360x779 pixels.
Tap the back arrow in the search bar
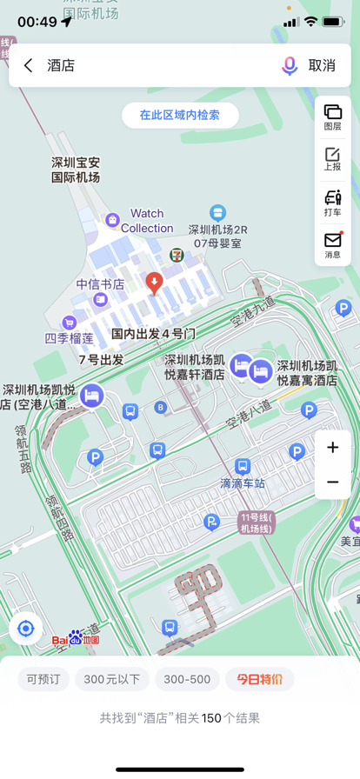[x=29, y=65]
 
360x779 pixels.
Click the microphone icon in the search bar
[x=290, y=65]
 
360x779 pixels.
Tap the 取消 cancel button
[x=322, y=65]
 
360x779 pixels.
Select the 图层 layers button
[x=332, y=117]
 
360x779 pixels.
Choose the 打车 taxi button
[x=332, y=202]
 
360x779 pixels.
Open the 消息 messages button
[x=332, y=244]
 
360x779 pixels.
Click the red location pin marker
[x=154, y=282]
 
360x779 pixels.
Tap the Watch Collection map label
[x=147, y=220]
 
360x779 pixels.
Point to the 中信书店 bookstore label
[x=100, y=284]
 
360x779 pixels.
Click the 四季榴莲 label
[x=70, y=338]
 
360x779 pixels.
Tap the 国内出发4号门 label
[x=153, y=333]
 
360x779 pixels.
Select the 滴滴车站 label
[x=242, y=483]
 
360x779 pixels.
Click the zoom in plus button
[x=332, y=448]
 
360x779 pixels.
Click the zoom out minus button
[x=332, y=482]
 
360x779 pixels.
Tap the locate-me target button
[x=26, y=629]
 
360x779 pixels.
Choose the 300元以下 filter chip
[x=112, y=679]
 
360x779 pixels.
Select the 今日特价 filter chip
[x=259, y=679]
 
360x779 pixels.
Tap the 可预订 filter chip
[x=43, y=679]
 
